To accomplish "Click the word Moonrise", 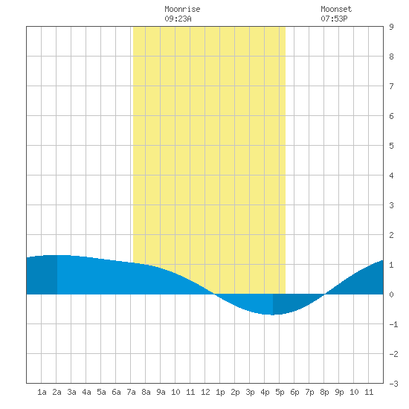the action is [182, 9].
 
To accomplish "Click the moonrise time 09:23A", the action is [178, 19].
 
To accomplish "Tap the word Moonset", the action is [336, 9].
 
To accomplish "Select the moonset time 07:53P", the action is [334, 19].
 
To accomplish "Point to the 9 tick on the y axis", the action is [391, 27].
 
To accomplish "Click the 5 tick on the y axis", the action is [391, 146].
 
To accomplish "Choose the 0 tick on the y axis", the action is [391, 294].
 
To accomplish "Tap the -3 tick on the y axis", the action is [393, 384].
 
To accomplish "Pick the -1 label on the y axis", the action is [393, 324].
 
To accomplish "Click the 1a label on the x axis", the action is [42, 392].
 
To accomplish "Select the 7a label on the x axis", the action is [131, 392].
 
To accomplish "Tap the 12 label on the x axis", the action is [205, 392].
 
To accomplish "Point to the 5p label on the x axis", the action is [280, 392].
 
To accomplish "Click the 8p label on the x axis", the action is [324, 392].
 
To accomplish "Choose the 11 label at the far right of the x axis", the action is [369, 392].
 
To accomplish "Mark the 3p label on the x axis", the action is [250, 392].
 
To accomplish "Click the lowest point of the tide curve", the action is [273, 315].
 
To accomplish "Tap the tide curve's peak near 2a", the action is [57, 255].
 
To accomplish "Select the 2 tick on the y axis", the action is [391, 235].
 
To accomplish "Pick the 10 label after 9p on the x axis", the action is [354, 392].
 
